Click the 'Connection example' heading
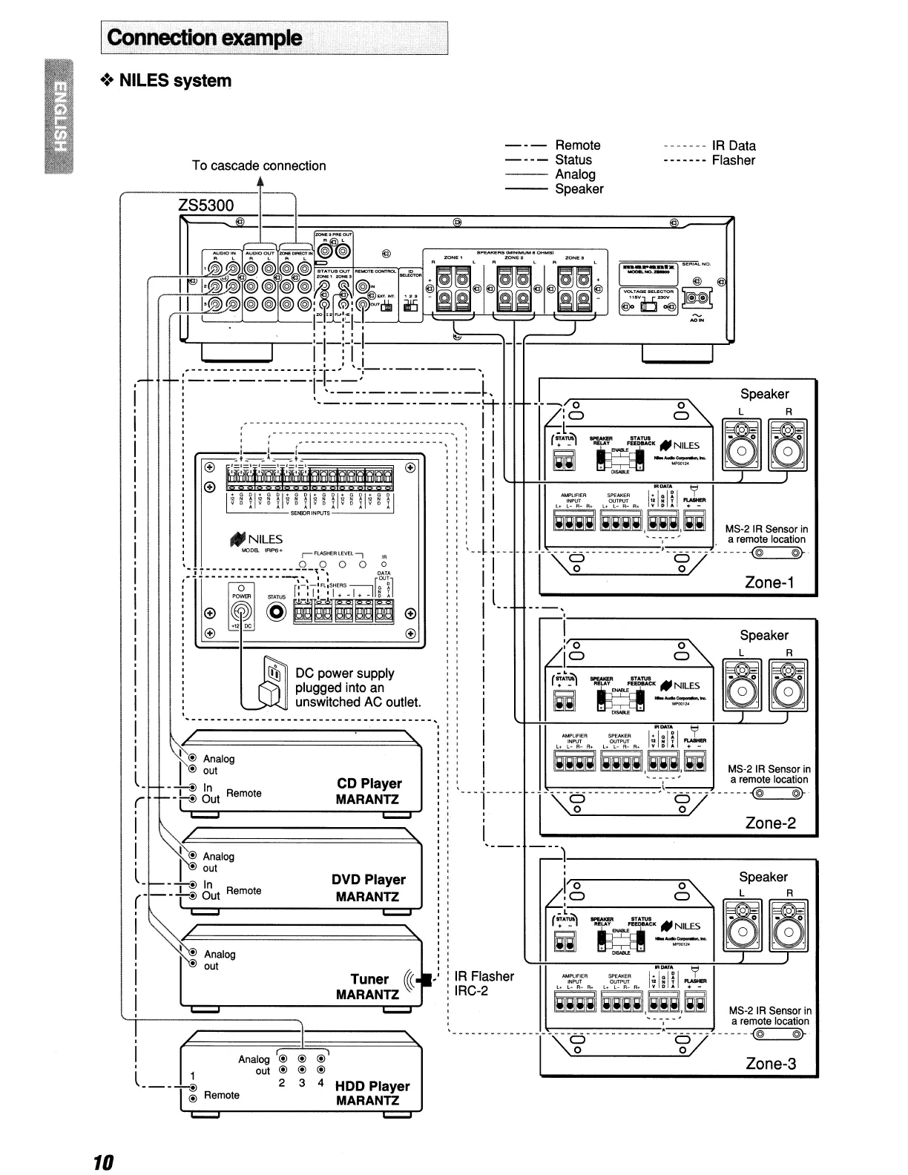pos(205,38)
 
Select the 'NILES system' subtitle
pos(175,81)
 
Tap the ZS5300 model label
pos(206,205)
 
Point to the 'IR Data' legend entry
pos(733,145)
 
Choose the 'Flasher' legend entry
pos(733,160)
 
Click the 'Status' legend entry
pos(573,160)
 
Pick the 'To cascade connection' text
pos(259,165)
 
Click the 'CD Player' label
pos(369,784)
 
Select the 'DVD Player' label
pos(369,880)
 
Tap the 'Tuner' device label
pos(369,979)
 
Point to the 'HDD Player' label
pos(372,1086)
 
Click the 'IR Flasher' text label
pos(484,976)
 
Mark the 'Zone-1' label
pos(769,582)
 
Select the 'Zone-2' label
pos(770,823)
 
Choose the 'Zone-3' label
pos(771,1064)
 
